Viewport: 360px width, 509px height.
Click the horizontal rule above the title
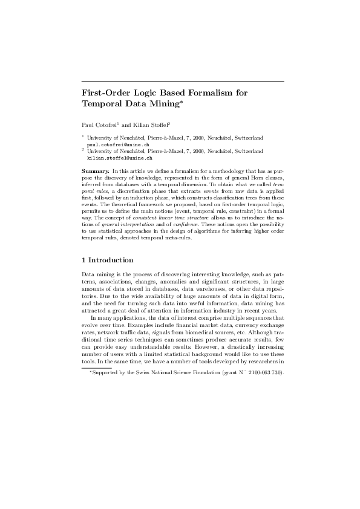tap(183, 81)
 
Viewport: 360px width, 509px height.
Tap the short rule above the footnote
tap(97, 367)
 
